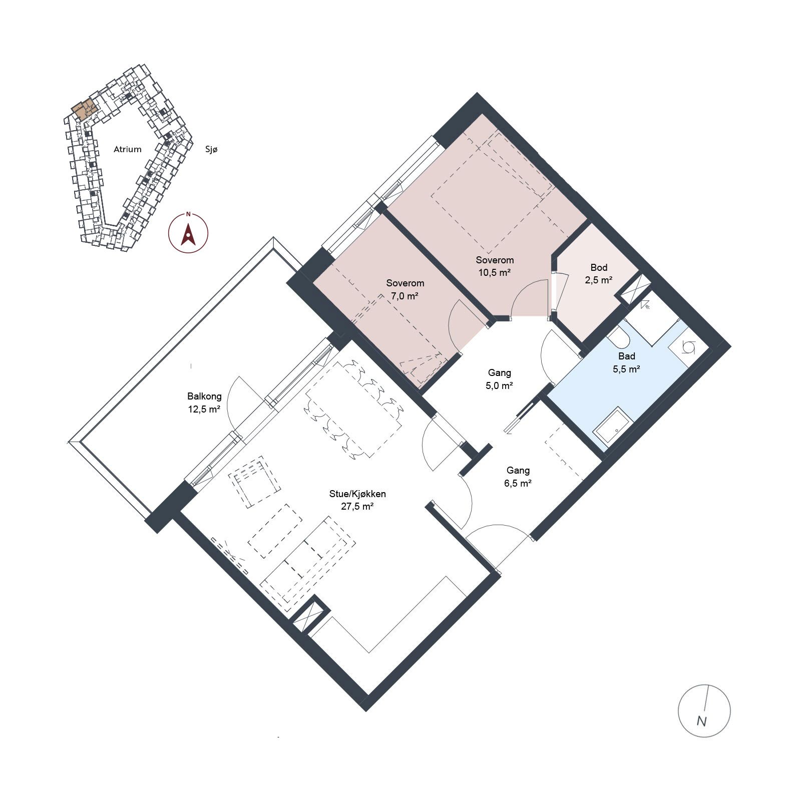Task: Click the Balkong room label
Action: pyautogui.click(x=204, y=396)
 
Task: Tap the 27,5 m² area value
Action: pyautogui.click(x=357, y=506)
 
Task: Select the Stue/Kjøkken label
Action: pyautogui.click(x=357, y=494)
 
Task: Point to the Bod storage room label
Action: pyautogui.click(x=599, y=267)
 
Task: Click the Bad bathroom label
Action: pyautogui.click(x=627, y=356)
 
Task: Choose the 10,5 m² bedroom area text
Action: pyautogui.click(x=495, y=273)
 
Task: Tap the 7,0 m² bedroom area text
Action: pyautogui.click(x=405, y=296)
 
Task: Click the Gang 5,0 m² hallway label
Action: pyautogui.click(x=499, y=379)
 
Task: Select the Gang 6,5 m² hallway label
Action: pyautogui.click(x=518, y=477)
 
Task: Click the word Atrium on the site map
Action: pyautogui.click(x=128, y=149)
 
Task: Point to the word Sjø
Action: pyautogui.click(x=212, y=149)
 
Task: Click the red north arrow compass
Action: pyautogui.click(x=188, y=233)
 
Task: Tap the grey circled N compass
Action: pyautogui.click(x=704, y=711)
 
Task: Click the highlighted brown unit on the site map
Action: pyautogui.click(x=84, y=109)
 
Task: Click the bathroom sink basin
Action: pyautogui.click(x=610, y=427)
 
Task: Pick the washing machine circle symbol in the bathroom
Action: pyautogui.click(x=689, y=347)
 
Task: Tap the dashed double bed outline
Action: pyautogui.click(x=492, y=192)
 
